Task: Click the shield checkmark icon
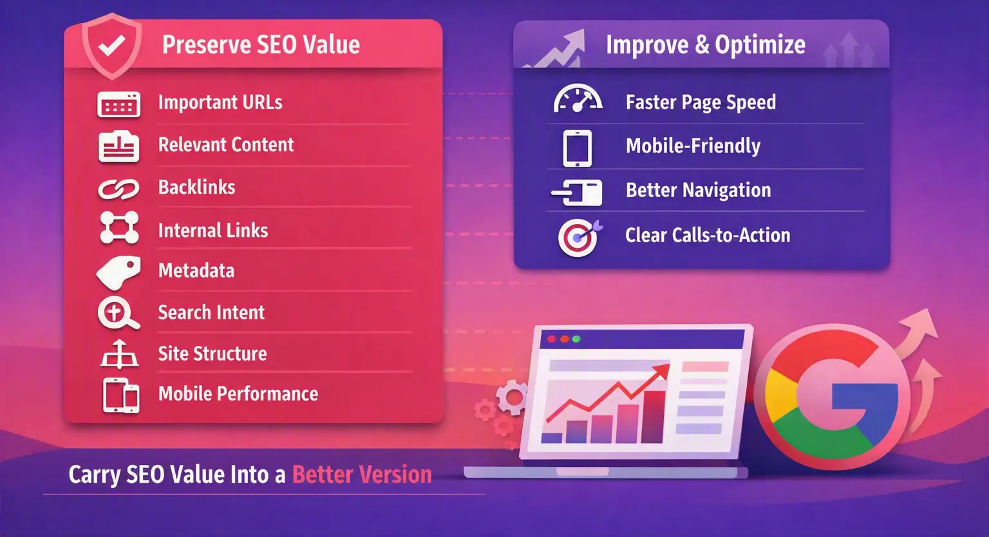112,46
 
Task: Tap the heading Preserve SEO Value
261,44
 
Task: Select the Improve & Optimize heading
706,44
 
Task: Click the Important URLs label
220,102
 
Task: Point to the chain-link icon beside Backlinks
118,189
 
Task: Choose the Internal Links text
213,230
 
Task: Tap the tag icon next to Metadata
118,272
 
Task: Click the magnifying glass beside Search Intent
118,313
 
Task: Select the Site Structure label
212,353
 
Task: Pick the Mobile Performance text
238,393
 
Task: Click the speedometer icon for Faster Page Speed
578,98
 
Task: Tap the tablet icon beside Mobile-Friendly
578,148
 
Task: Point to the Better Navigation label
699,191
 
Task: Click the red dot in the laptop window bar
551,339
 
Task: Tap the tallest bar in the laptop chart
653,417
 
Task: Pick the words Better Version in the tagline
362,475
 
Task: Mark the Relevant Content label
226,145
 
